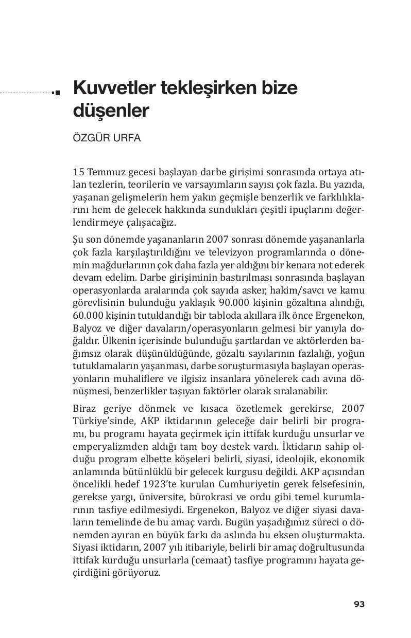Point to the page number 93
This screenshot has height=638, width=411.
(359, 604)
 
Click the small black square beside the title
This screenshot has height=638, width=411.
(57, 93)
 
